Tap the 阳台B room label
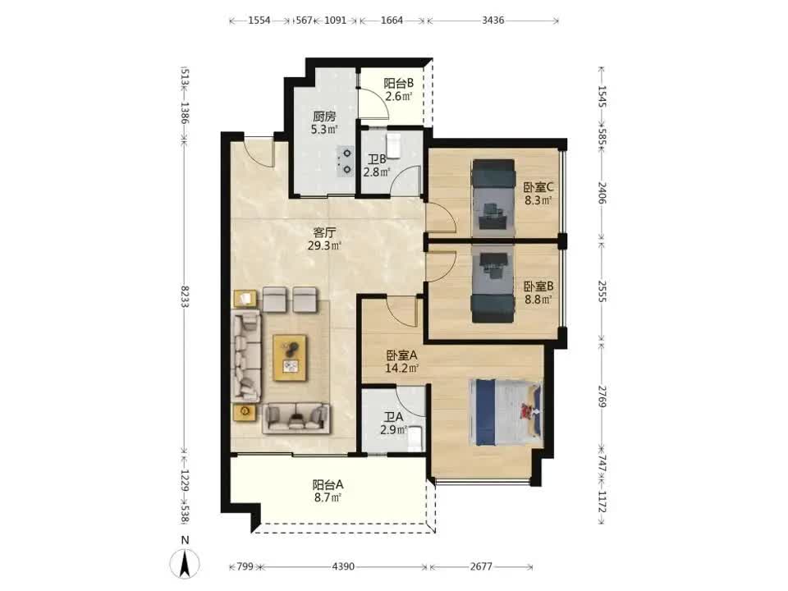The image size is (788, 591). [399, 83]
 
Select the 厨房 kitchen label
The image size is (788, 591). [324, 117]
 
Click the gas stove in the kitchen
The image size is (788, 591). [346, 161]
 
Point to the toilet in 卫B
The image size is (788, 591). [393, 145]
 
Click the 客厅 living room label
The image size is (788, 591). [324, 232]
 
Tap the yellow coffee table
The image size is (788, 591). [290, 358]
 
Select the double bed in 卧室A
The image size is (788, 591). [506, 413]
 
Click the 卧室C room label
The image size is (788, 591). [538, 187]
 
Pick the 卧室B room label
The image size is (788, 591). [538, 286]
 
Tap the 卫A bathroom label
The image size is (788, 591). [393, 417]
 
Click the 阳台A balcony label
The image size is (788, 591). [328, 485]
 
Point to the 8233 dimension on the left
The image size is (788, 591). [185, 296]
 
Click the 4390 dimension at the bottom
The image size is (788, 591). [343, 566]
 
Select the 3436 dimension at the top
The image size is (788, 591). [492, 21]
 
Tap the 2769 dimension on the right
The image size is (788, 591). [602, 396]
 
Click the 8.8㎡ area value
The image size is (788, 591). [538, 300]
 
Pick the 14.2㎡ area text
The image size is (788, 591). [401, 369]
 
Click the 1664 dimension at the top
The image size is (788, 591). [392, 21]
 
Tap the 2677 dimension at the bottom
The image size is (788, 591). [481, 566]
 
